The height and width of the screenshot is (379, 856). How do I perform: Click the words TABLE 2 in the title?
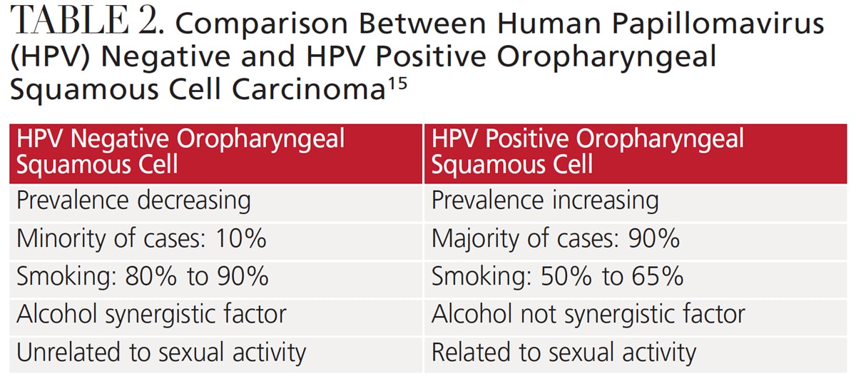point(83,20)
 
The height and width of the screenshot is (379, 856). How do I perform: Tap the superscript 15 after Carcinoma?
point(397,84)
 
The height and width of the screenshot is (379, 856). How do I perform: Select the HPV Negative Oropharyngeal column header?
point(216,153)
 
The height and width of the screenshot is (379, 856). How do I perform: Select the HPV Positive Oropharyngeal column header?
point(636,153)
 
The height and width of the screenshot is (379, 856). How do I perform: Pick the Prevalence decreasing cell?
point(216,203)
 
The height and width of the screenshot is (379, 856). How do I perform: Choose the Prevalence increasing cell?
point(636,203)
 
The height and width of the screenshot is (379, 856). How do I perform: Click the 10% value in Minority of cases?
point(241,238)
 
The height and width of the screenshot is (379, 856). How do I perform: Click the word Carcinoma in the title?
point(308,89)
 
